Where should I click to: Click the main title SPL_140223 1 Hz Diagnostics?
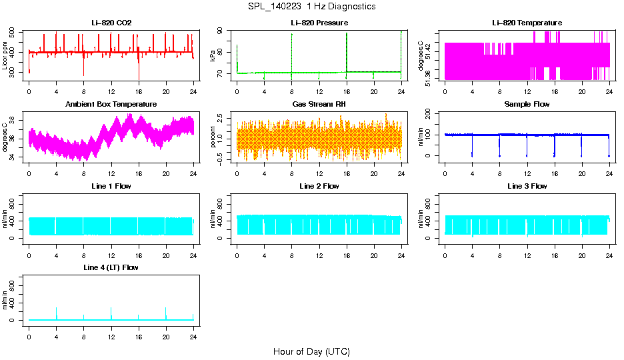pos(311,7)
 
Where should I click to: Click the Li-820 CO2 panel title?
pos(111,23)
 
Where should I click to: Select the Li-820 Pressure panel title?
pos(319,23)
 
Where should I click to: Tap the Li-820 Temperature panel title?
pos(527,23)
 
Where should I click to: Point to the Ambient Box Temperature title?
pos(111,105)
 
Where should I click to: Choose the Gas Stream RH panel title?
pos(319,105)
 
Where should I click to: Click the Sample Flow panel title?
pos(527,105)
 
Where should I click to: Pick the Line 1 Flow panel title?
pos(111,186)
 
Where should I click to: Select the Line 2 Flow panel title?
pos(319,186)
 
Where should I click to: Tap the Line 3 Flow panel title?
pos(527,186)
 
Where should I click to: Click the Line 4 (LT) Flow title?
pos(111,267)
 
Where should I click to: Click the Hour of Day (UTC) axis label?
pos(311,351)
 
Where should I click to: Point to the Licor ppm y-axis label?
pos(5,55)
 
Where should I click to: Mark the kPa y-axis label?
pos(213,55)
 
